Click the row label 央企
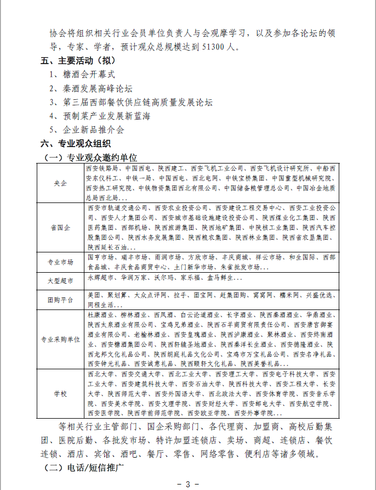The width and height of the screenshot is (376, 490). (x=60, y=183)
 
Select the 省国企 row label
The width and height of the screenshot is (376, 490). (x=60, y=227)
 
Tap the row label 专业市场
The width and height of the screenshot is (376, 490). (x=60, y=261)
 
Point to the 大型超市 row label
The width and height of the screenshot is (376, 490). (x=60, y=280)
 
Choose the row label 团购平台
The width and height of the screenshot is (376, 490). (x=60, y=300)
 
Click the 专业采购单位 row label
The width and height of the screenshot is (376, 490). (x=60, y=340)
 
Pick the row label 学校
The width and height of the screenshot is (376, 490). (x=60, y=393)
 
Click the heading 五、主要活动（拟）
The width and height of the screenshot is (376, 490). (x=79, y=60)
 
